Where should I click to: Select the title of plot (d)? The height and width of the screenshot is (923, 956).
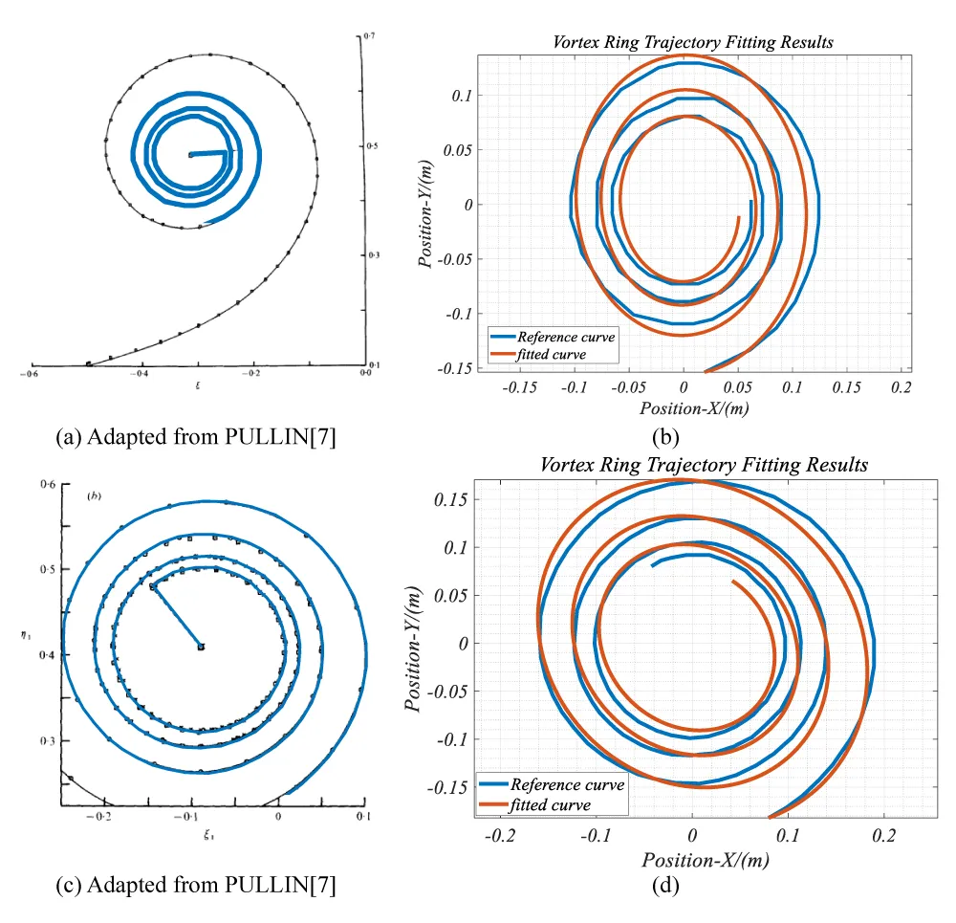click(x=704, y=465)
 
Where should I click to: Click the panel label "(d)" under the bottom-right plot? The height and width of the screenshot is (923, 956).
click(x=665, y=886)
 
